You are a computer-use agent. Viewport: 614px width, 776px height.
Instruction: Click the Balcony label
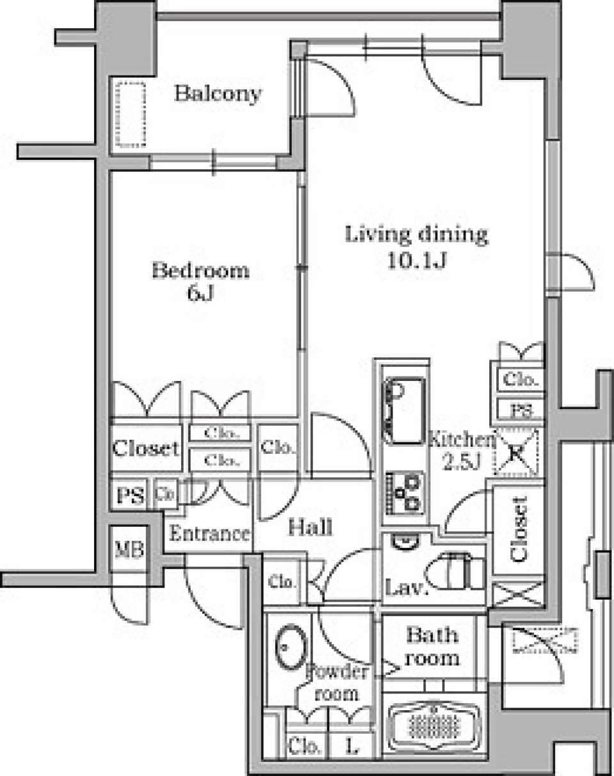tap(218, 94)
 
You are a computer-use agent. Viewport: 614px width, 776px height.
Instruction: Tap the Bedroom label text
tap(200, 271)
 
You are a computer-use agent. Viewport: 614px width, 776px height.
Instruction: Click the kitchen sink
tap(404, 410)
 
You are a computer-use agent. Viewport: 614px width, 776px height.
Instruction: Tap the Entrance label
tap(209, 534)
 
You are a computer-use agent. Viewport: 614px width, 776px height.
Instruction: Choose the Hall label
tap(310, 527)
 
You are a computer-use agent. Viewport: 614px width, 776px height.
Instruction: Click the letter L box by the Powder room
tap(351, 745)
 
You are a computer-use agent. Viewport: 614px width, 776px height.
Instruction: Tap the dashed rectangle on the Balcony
tap(130, 114)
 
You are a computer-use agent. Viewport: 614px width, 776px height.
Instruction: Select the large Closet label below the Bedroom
tap(145, 448)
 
